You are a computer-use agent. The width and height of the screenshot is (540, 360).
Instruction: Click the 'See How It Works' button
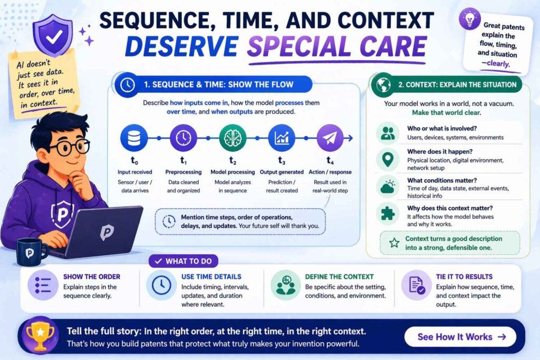(x=460, y=337)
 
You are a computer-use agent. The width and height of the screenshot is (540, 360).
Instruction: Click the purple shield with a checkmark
(x=53, y=35)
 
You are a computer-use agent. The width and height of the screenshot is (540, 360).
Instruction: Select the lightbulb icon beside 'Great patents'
(x=469, y=19)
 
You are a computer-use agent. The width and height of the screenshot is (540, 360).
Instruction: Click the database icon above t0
(x=134, y=138)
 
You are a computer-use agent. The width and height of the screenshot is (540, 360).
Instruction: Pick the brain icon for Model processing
(x=233, y=138)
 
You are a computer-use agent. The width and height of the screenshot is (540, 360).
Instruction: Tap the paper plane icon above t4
(x=330, y=138)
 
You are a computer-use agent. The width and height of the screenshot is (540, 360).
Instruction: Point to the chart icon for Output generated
(x=282, y=138)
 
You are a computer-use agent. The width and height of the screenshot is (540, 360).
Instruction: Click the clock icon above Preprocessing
(x=184, y=138)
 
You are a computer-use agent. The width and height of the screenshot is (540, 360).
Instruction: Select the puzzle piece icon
(x=388, y=213)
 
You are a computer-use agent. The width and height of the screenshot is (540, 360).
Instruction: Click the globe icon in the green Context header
(x=383, y=85)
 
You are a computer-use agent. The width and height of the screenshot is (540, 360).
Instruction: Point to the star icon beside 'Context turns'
(x=394, y=243)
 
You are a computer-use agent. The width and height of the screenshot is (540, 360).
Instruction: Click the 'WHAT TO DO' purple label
(x=184, y=261)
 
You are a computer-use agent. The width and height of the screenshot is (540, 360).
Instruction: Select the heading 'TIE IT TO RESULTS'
(x=464, y=277)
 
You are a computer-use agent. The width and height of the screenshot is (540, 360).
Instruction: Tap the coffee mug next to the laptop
(x=31, y=252)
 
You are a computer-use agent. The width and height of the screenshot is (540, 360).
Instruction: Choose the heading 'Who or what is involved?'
(x=442, y=129)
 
